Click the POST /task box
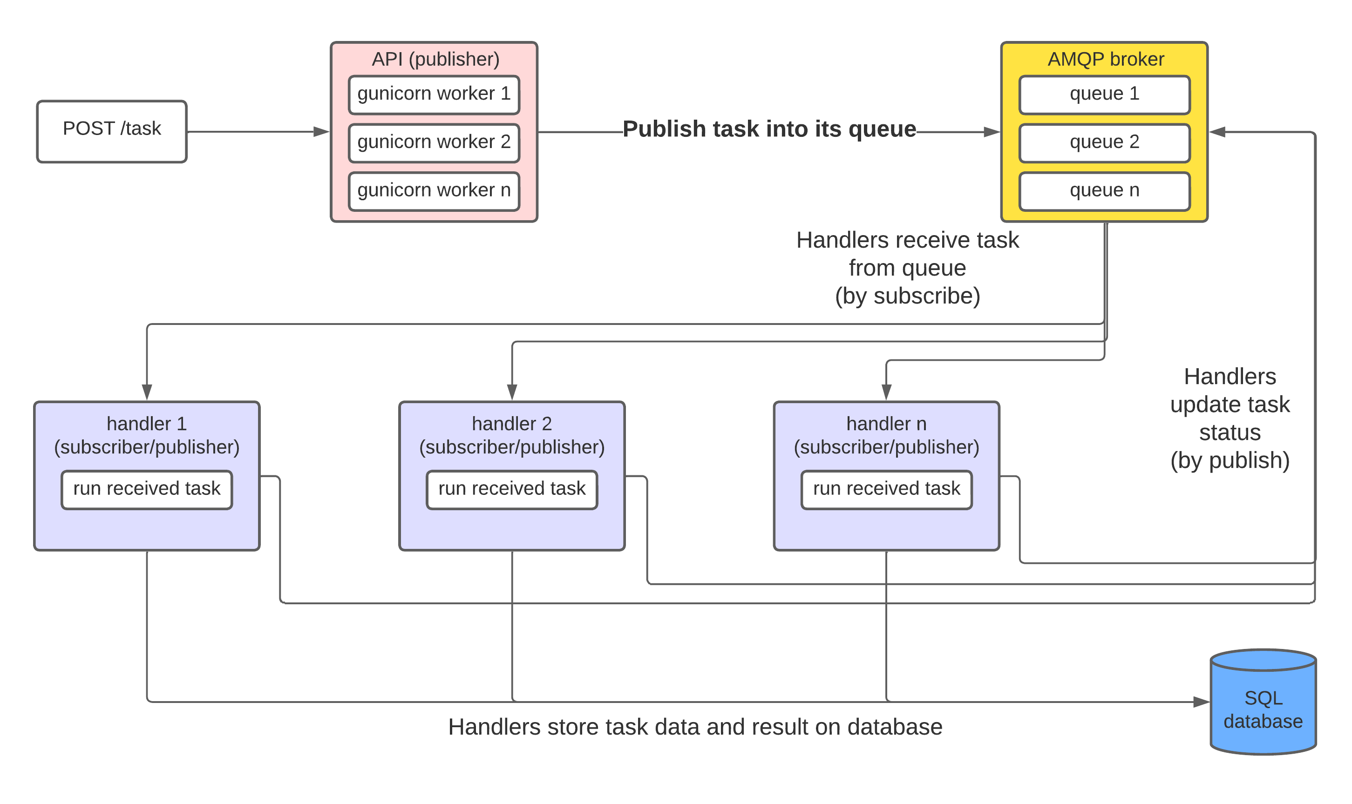(112, 131)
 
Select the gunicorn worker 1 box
(434, 95)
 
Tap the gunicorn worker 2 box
(434, 143)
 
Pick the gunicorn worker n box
(434, 191)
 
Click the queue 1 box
(1104, 95)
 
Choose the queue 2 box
(1104, 143)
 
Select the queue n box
(1104, 191)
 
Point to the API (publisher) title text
(435, 59)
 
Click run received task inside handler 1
(147, 489)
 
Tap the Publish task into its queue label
(769, 129)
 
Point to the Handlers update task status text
(1230, 418)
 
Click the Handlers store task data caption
(695, 727)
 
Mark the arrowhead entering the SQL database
(1202, 702)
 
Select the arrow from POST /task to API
(258, 132)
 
